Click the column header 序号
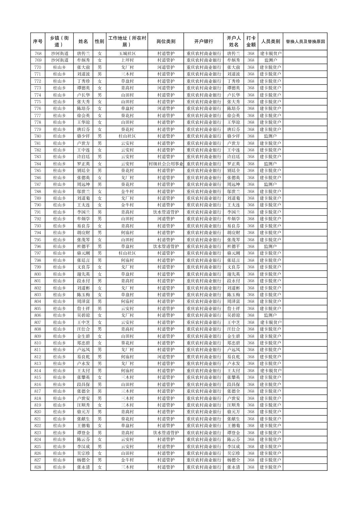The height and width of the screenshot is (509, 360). pyautogui.click(x=38, y=42)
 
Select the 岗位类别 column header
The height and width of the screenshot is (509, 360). pyautogui.click(x=166, y=42)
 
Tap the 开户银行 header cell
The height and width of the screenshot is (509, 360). pyautogui.click(x=203, y=42)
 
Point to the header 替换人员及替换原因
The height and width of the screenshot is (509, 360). pyautogui.click(x=305, y=42)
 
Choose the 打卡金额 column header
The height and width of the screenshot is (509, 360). pyautogui.click(x=251, y=42)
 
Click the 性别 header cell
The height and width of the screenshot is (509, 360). pyautogui.click(x=100, y=42)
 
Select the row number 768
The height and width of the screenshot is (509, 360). pyautogui.click(x=38, y=54)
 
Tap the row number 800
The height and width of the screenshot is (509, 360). pyautogui.click(x=38, y=274)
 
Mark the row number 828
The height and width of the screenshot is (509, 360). pyautogui.click(x=38, y=467)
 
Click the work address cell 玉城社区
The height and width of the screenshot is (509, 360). pyautogui.click(x=127, y=54)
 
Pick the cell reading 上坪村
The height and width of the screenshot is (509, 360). pyautogui.click(x=127, y=60)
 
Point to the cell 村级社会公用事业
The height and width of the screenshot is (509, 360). pyautogui.click(x=166, y=164)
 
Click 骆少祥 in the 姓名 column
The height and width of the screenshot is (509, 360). pyautogui.click(x=83, y=136)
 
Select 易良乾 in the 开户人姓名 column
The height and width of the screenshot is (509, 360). pyautogui.click(x=233, y=357)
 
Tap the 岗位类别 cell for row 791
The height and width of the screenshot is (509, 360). pyautogui.click(x=166, y=212)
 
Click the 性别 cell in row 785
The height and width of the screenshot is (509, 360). pyautogui.click(x=100, y=171)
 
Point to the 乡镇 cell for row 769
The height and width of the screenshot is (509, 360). pyautogui.click(x=60, y=60)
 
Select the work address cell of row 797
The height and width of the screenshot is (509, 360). pyautogui.click(x=127, y=253)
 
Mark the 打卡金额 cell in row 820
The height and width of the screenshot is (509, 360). pyautogui.click(x=251, y=412)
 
